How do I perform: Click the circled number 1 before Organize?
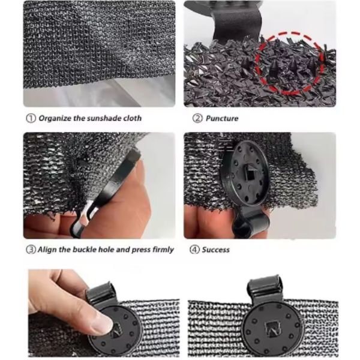[31, 118]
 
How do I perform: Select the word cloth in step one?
[133, 118]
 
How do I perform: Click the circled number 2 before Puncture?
[197, 118]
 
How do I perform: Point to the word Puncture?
[222, 118]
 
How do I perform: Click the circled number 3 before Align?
[31, 250]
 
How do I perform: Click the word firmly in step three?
[163, 250]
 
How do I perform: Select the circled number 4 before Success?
[194, 250]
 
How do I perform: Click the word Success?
[216, 250]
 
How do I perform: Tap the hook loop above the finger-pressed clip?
[100, 294]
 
